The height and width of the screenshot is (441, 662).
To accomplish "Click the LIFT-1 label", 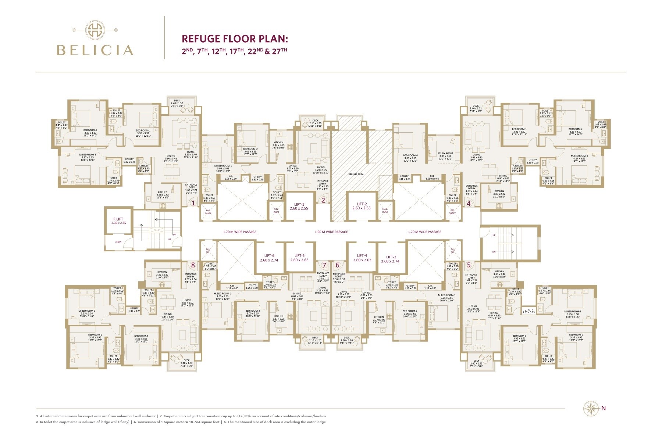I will tap(299, 204).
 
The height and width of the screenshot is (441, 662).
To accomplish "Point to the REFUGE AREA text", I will tap(356, 174).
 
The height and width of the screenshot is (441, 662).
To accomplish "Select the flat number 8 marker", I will tap(193, 265).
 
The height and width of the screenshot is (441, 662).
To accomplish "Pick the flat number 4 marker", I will tap(469, 203).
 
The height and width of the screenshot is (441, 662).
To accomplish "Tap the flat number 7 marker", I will tap(324, 265).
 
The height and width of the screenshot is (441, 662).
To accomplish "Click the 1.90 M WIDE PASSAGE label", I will tap(331, 232).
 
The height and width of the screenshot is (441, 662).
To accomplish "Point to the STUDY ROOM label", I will tap(445, 154).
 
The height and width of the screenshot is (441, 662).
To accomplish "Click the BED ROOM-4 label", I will tap(410, 155).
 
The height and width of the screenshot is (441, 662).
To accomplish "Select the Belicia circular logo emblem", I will tap(95, 30).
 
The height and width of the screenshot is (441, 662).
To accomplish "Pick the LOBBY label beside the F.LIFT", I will tap(118, 242).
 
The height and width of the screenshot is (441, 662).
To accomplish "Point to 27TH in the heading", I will tap(279, 51).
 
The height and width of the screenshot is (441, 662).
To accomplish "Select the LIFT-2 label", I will tap(361, 204).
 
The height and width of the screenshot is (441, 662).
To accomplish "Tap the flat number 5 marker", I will tap(469, 265).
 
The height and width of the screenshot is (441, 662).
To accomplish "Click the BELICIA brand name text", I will tap(95, 50).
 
